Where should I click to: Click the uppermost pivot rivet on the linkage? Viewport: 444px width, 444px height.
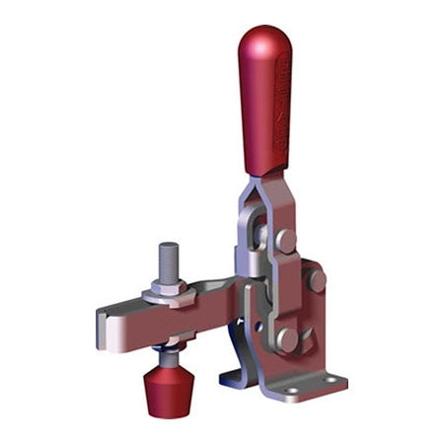click(x=285, y=240)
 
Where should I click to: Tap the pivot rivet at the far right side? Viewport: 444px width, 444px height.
click(x=316, y=280)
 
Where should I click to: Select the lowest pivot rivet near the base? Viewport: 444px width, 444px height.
click(x=287, y=338)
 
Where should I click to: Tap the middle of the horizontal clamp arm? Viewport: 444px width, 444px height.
click(x=178, y=316)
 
